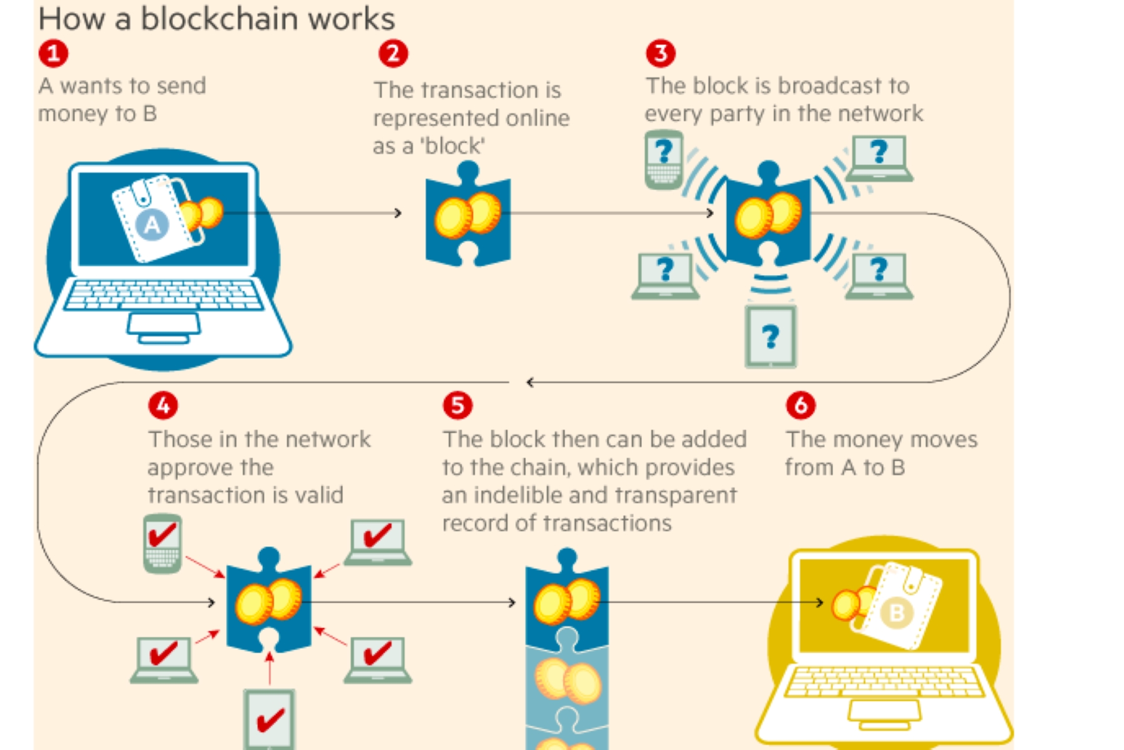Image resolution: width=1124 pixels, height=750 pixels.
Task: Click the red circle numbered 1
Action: (x=53, y=53)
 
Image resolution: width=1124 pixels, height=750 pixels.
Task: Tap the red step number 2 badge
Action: (x=393, y=54)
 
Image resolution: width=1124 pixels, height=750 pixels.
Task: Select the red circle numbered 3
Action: (x=661, y=54)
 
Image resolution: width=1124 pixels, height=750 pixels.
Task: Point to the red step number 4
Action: (x=163, y=406)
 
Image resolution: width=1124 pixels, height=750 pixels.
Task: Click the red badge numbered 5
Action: (x=458, y=406)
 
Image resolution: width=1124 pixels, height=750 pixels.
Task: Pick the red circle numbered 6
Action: (x=801, y=406)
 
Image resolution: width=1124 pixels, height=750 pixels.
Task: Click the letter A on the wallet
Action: (x=152, y=224)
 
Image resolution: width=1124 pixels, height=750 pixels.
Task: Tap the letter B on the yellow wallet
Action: (x=896, y=612)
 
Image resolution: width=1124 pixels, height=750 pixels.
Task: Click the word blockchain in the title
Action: (x=222, y=19)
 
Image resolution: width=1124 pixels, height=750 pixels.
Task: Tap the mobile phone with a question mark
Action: (x=664, y=159)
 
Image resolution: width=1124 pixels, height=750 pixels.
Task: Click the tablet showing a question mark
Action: (x=771, y=337)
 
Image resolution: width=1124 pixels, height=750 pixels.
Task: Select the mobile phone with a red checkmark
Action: (x=162, y=543)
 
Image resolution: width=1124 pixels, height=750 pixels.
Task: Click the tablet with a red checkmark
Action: (x=269, y=719)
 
